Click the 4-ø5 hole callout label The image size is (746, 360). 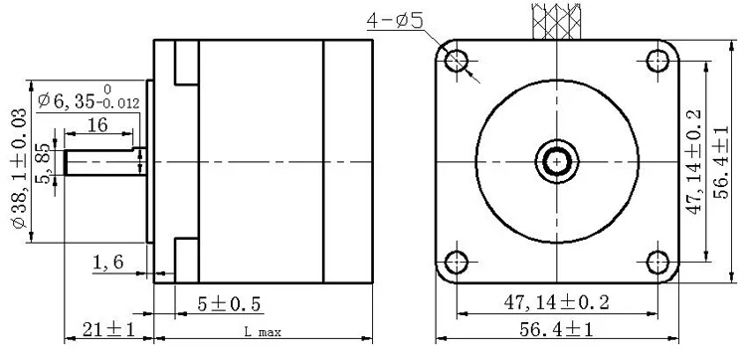395,21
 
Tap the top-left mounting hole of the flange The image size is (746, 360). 457,61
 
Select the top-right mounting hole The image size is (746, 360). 658,61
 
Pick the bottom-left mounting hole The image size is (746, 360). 457,263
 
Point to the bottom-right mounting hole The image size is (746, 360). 658,263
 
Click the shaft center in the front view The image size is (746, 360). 557,162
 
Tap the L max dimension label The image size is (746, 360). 263,331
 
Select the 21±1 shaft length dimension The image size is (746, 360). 109,329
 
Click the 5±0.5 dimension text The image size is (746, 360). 230,304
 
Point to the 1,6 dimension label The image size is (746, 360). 108,262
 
